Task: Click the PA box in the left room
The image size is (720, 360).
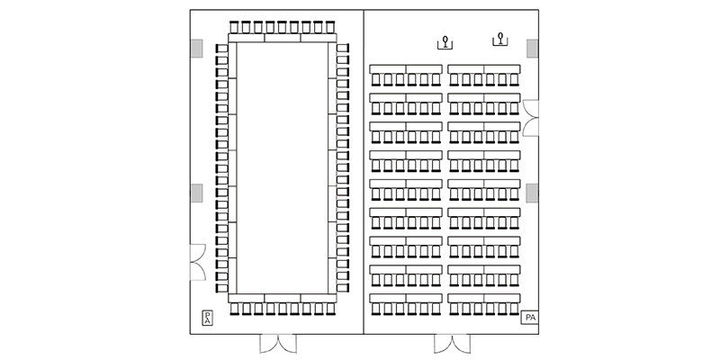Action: click(x=208, y=319)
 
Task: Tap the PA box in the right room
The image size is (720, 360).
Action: click(x=529, y=318)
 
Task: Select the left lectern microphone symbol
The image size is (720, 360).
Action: click(x=445, y=42)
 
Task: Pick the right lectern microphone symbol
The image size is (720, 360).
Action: click(x=500, y=40)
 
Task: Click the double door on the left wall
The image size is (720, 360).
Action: click(x=198, y=262)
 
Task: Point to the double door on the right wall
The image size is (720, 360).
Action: click(x=530, y=118)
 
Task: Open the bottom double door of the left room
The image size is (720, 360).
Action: click(x=278, y=343)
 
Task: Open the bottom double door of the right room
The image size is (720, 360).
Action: click(x=453, y=343)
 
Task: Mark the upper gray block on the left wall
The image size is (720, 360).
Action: click(x=196, y=49)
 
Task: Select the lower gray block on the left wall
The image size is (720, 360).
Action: click(x=196, y=193)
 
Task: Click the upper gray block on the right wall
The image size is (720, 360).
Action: click(x=532, y=49)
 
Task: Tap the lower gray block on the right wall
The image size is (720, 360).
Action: click(x=532, y=193)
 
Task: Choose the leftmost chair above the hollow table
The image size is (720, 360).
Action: click(x=234, y=27)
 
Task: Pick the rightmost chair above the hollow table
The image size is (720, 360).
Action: click(x=329, y=27)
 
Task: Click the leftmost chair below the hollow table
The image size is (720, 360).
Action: click(x=235, y=309)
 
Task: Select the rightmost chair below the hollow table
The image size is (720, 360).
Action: click(x=330, y=309)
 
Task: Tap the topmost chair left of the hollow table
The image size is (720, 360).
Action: click(x=221, y=49)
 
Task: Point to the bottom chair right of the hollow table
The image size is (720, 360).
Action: click(x=343, y=288)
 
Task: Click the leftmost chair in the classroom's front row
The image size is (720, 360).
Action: click(x=376, y=79)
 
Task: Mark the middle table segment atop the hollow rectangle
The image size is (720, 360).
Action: click(x=283, y=38)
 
